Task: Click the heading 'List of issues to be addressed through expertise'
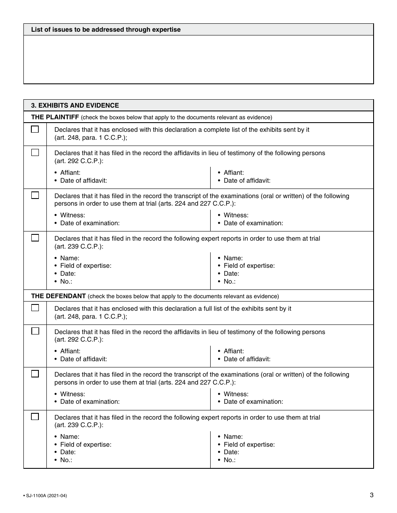pyautogui.click(x=106, y=30)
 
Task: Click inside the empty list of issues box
pyautogui.click(x=198, y=59)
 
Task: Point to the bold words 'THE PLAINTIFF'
pyautogui.click(x=55, y=117)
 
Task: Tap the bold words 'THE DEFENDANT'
pyautogui.click(x=59, y=296)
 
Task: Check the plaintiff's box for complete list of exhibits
pyautogui.click(x=35, y=129)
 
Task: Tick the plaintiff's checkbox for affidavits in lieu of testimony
pyautogui.click(x=35, y=153)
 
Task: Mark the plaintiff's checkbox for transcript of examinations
pyautogui.click(x=35, y=195)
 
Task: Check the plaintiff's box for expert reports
pyautogui.click(x=35, y=238)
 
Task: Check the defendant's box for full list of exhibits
pyautogui.click(x=35, y=308)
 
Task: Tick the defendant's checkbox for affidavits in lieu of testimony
pyautogui.click(x=35, y=331)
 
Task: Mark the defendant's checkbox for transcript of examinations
pyautogui.click(x=35, y=374)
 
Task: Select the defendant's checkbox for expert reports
pyautogui.click(x=35, y=417)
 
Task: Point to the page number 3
pyautogui.click(x=372, y=495)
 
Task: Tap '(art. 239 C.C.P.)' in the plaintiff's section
pyautogui.click(x=78, y=246)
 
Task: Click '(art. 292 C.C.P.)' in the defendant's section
pyautogui.click(x=78, y=339)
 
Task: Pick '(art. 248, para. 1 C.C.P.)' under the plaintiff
pyautogui.click(x=90, y=138)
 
